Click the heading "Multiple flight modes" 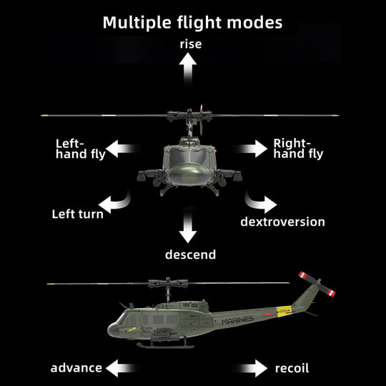click(x=192, y=21)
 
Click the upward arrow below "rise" click(x=189, y=70)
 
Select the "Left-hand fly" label click(x=80, y=148)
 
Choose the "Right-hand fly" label click(x=298, y=148)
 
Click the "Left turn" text click(x=77, y=214)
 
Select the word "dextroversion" click(x=282, y=222)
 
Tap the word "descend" click(x=190, y=254)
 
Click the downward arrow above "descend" click(x=189, y=226)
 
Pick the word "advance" click(x=76, y=368)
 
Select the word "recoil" click(x=292, y=368)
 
